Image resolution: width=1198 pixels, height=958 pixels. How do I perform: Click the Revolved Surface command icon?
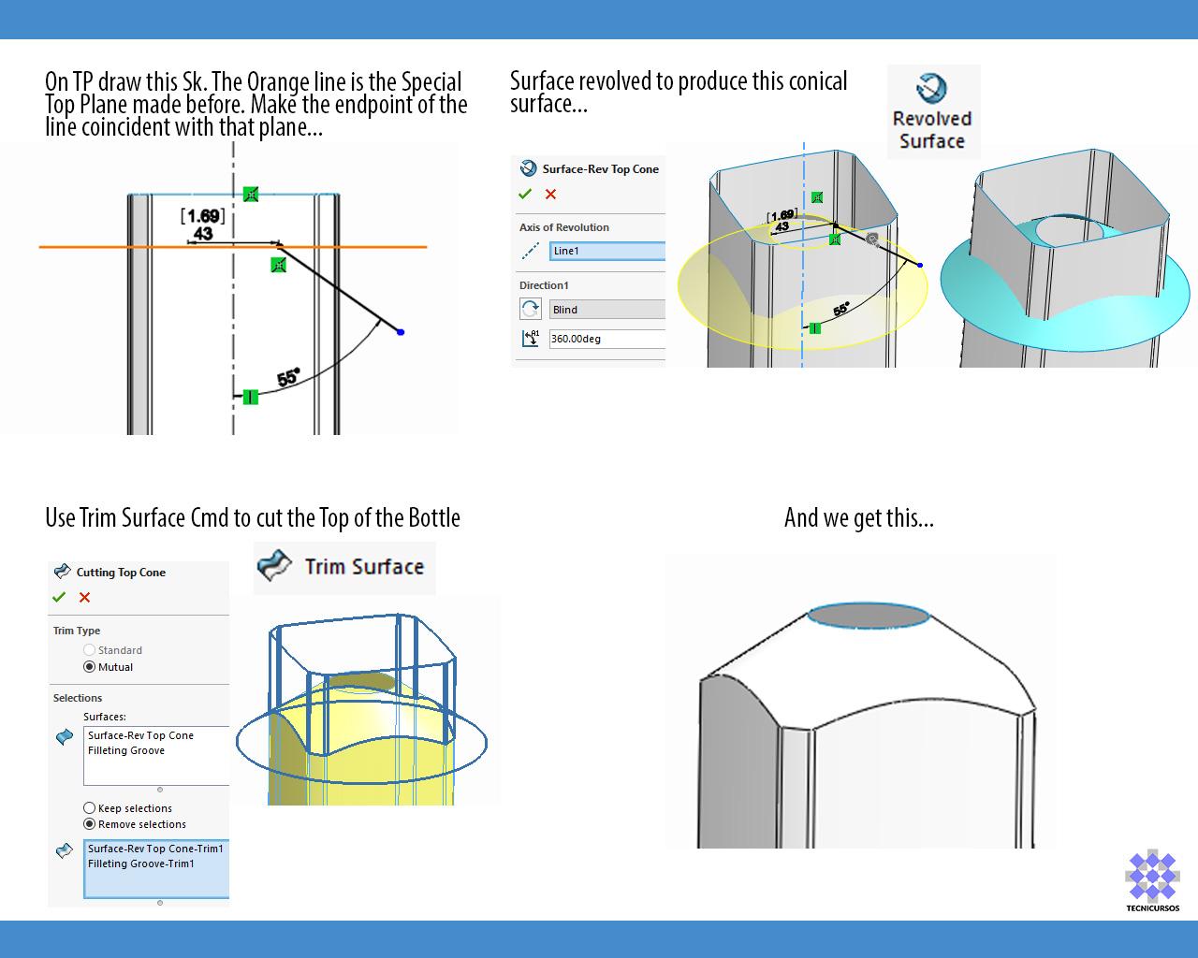[931, 89]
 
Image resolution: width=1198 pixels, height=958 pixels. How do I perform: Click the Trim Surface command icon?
[274, 566]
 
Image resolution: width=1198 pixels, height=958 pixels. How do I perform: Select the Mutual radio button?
[90, 667]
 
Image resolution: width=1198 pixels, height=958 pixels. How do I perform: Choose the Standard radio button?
[90, 650]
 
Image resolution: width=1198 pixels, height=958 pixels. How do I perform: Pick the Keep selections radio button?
[90, 808]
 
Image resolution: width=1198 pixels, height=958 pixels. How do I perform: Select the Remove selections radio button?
[90, 824]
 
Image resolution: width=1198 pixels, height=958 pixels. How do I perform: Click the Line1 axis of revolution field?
[606, 251]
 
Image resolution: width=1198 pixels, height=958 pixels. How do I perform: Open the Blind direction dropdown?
[606, 310]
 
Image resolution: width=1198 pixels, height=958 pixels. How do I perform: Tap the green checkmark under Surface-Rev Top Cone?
[525, 194]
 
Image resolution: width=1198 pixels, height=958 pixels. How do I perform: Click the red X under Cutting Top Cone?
[85, 597]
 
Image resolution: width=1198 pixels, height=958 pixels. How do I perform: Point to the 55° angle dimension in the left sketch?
[288, 378]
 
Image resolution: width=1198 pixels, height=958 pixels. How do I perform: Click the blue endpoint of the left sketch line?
[401, 332]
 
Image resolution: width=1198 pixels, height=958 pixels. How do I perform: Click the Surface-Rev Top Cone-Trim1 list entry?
[155, 849]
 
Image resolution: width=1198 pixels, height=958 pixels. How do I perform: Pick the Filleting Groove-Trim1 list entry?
[141, 864]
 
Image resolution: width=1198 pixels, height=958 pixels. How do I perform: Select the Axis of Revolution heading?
[564, 227]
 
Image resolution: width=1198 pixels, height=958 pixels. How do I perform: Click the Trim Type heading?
[77, 631]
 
